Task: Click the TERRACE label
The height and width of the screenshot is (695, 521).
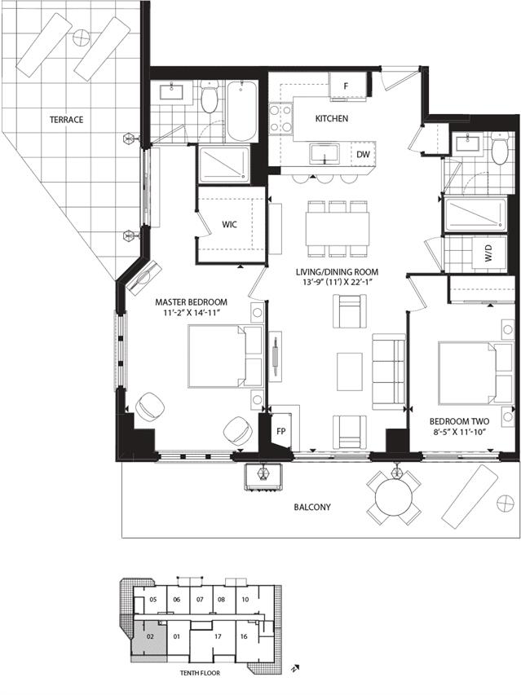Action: (x=66, y=120)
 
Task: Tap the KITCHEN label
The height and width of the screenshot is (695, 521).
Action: (x=332, y=119)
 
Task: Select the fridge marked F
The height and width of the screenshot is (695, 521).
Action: (x=348, y=84)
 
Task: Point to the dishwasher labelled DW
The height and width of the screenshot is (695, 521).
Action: (x=363, y=155)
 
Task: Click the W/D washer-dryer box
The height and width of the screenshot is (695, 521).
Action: (x=489, y=253)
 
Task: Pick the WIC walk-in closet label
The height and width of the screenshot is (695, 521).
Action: (x=229, y=224)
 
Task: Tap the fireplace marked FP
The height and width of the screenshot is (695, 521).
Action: (x=280, y=431)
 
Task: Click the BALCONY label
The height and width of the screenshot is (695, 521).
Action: (x=312, y=507)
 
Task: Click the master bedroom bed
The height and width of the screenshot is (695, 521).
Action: (x=225, y=356)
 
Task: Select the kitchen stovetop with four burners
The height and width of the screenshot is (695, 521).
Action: (x=281, y=118)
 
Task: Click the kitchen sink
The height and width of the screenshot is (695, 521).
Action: (x=325, y=154)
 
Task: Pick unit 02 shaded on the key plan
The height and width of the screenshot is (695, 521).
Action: (x=149, y=638)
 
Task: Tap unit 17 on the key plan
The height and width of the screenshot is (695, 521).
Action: (x=217, y=636)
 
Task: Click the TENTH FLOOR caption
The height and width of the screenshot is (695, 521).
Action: (x=200, y=673)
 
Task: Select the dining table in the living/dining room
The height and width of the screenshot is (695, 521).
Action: (x=338, y=228)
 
